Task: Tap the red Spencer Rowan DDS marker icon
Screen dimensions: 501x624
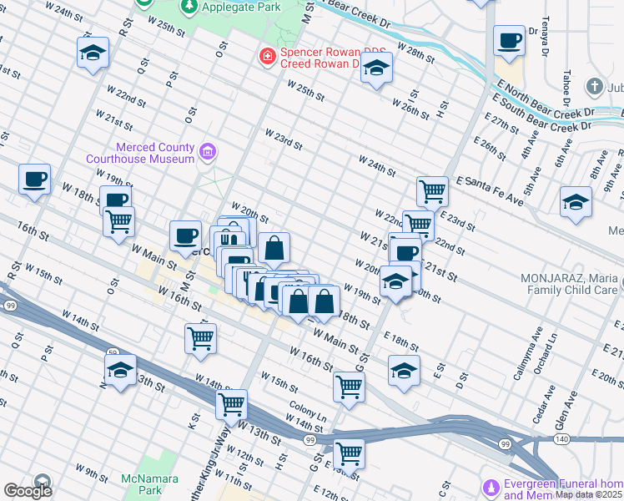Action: tap(267, 57)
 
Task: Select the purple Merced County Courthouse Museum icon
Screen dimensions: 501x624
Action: tap(208, 152)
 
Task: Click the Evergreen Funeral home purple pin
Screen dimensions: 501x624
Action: tap(491, 486)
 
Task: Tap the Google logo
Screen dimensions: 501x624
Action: tap(28, 491)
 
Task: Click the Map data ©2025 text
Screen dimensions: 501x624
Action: tap(589, 494)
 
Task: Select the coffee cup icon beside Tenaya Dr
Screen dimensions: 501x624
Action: tap(509, 40)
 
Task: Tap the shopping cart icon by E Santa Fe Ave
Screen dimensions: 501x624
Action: tap(432, 191)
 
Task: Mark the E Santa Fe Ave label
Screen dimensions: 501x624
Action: tap(489, 190)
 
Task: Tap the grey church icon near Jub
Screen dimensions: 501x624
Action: tap(593, 86)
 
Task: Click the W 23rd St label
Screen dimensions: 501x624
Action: tap(283, 138)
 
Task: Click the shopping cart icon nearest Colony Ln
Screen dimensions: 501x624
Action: tap(349, 386)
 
